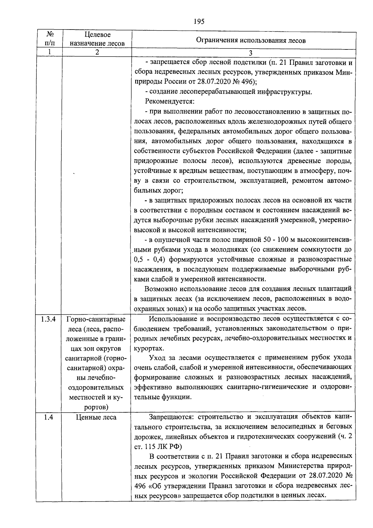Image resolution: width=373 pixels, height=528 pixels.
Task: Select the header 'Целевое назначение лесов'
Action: pyautogui.click(x=97, y=39)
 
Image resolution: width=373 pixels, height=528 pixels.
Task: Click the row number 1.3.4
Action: pyautogui.click(x=48, y=319)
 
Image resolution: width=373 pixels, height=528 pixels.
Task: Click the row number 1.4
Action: pyautogui.click(x=48, y=417)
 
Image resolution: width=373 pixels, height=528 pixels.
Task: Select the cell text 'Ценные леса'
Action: pyautogui.click(x=96, y=417)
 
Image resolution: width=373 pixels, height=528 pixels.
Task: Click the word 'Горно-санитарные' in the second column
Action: pyautogui.click(x=96, y=319)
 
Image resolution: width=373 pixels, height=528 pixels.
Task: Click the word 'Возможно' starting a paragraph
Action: pyautogui.click(x=160, y=289)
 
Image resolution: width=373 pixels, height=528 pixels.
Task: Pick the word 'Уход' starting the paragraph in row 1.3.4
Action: pyautogui.click(x=157, y=358)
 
